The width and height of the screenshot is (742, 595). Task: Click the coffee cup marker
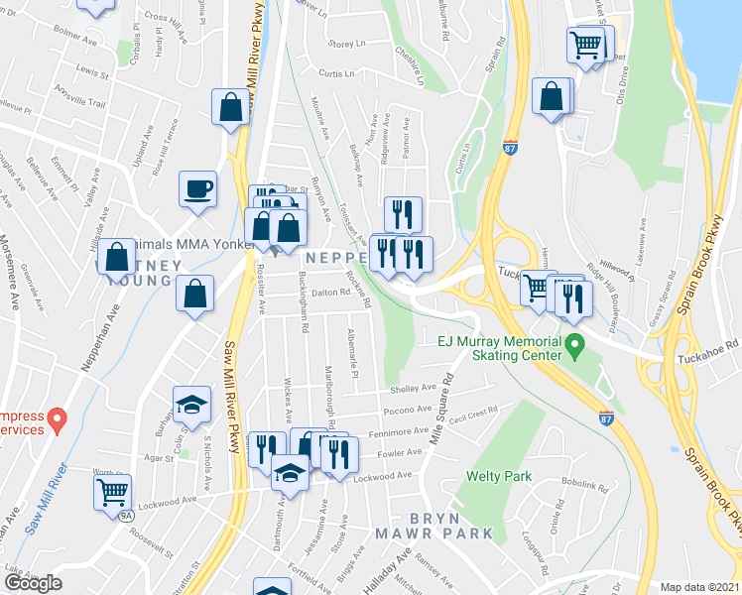click(197, 187)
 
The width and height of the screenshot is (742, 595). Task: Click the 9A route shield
click(126, 516)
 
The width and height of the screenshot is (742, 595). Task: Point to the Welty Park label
click(500, 476)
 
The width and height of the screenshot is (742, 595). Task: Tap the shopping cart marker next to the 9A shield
click(112, 491)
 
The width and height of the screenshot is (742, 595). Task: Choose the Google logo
click(33, 583)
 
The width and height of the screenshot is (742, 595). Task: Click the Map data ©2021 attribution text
click(699, 587)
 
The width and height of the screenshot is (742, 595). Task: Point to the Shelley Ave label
click(414, 389)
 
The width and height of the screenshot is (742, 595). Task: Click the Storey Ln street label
click(347, 44)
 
